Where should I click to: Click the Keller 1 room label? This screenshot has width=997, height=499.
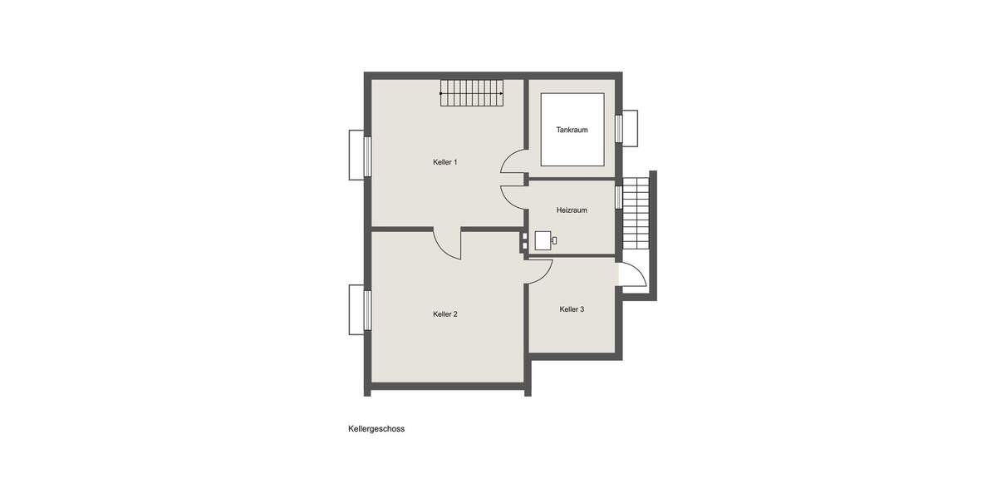[x=444, y=162]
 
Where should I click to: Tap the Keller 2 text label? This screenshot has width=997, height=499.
[x=444, y=314]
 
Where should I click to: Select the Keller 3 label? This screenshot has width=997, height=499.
[x=572, y=309]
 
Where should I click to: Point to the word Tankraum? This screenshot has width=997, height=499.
[x=572, y=130]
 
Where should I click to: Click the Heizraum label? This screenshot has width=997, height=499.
[x=572, y=210]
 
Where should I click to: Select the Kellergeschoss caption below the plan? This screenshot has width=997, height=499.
[x=376, y=430]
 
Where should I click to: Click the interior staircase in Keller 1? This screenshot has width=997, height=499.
[x=472, y=93]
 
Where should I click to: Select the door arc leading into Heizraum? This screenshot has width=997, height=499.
[x=513, y=195]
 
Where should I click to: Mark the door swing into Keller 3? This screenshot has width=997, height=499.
[x=540, y=271]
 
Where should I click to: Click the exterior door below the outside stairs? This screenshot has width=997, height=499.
[x=632, y=276]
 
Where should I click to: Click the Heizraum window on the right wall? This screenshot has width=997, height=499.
[x=618, y=197]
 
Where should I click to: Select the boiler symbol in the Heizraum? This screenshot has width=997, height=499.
[x=544, y=240]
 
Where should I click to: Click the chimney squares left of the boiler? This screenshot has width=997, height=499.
[x=524, y=240]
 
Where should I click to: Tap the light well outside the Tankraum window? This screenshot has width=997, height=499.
[x=630, y=128]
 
